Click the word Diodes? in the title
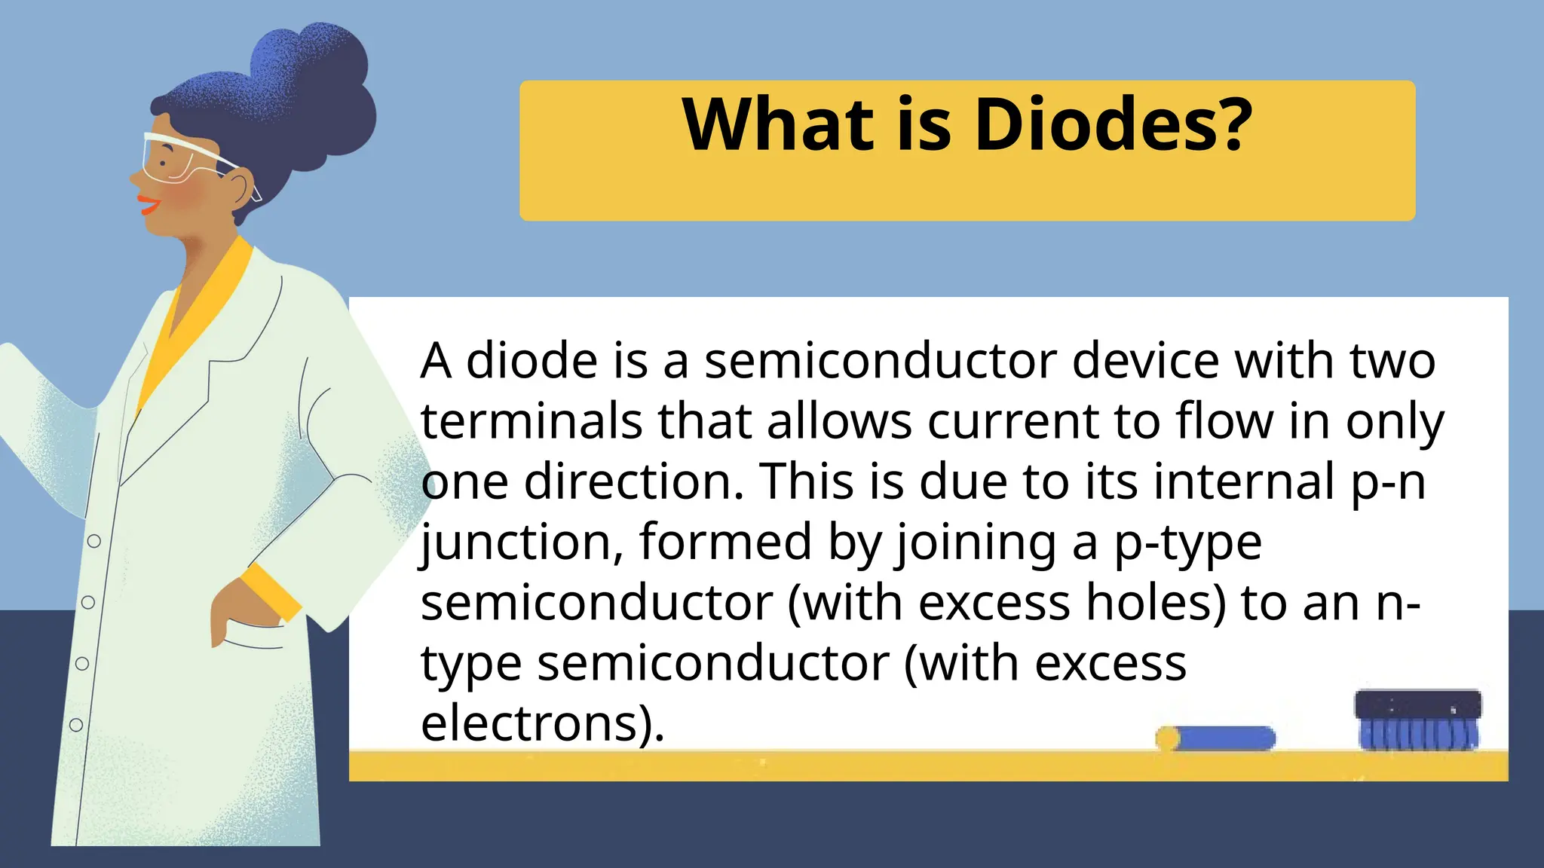point(1114,125)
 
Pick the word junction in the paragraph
point(521,542)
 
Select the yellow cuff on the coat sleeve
point(271,592)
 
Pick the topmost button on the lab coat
point(94,541)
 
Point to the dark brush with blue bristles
point(1417,720)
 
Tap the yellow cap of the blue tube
point(1167,738)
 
